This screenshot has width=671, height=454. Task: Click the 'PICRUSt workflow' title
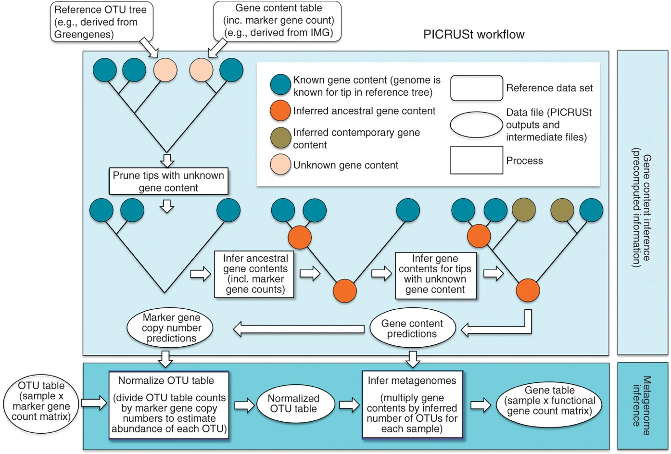pos(473,35)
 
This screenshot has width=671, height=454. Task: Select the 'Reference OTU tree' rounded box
pos(101,22)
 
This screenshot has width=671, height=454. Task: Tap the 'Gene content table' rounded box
pos(278,21)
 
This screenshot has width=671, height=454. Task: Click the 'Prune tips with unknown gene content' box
pos(168,181)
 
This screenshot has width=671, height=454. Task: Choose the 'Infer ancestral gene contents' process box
pos(254,274)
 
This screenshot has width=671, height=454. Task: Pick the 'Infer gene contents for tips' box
pos(435,274)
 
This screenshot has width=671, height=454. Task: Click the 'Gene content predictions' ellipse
pos(412,328)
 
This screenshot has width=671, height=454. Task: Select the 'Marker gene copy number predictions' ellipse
pos(171,328)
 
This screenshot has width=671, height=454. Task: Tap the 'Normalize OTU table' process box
pos(168,405)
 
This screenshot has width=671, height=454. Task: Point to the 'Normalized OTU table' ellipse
pos(293,404)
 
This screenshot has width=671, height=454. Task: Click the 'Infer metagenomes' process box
pos(412,405)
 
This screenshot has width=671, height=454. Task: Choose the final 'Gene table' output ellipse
pos(549,405)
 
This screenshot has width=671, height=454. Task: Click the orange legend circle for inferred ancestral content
pos(280,111)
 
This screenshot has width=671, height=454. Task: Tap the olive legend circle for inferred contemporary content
pos(280,138)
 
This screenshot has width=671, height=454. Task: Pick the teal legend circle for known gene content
pos(280,85)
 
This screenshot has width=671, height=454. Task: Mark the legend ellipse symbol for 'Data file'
pos(476,125)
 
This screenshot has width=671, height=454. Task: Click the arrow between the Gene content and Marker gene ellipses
pos(299,329)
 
